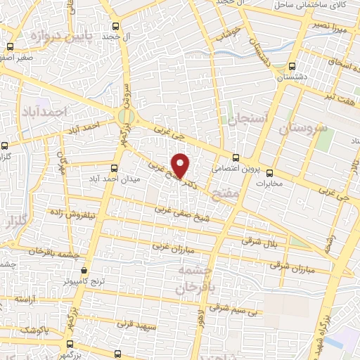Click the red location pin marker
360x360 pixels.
(x=181, y=165)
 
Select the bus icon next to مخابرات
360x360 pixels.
(x=270, y=172)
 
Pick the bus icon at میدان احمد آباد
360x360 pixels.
(x=115, y=167)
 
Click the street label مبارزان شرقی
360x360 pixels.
(x=293, y=263)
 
